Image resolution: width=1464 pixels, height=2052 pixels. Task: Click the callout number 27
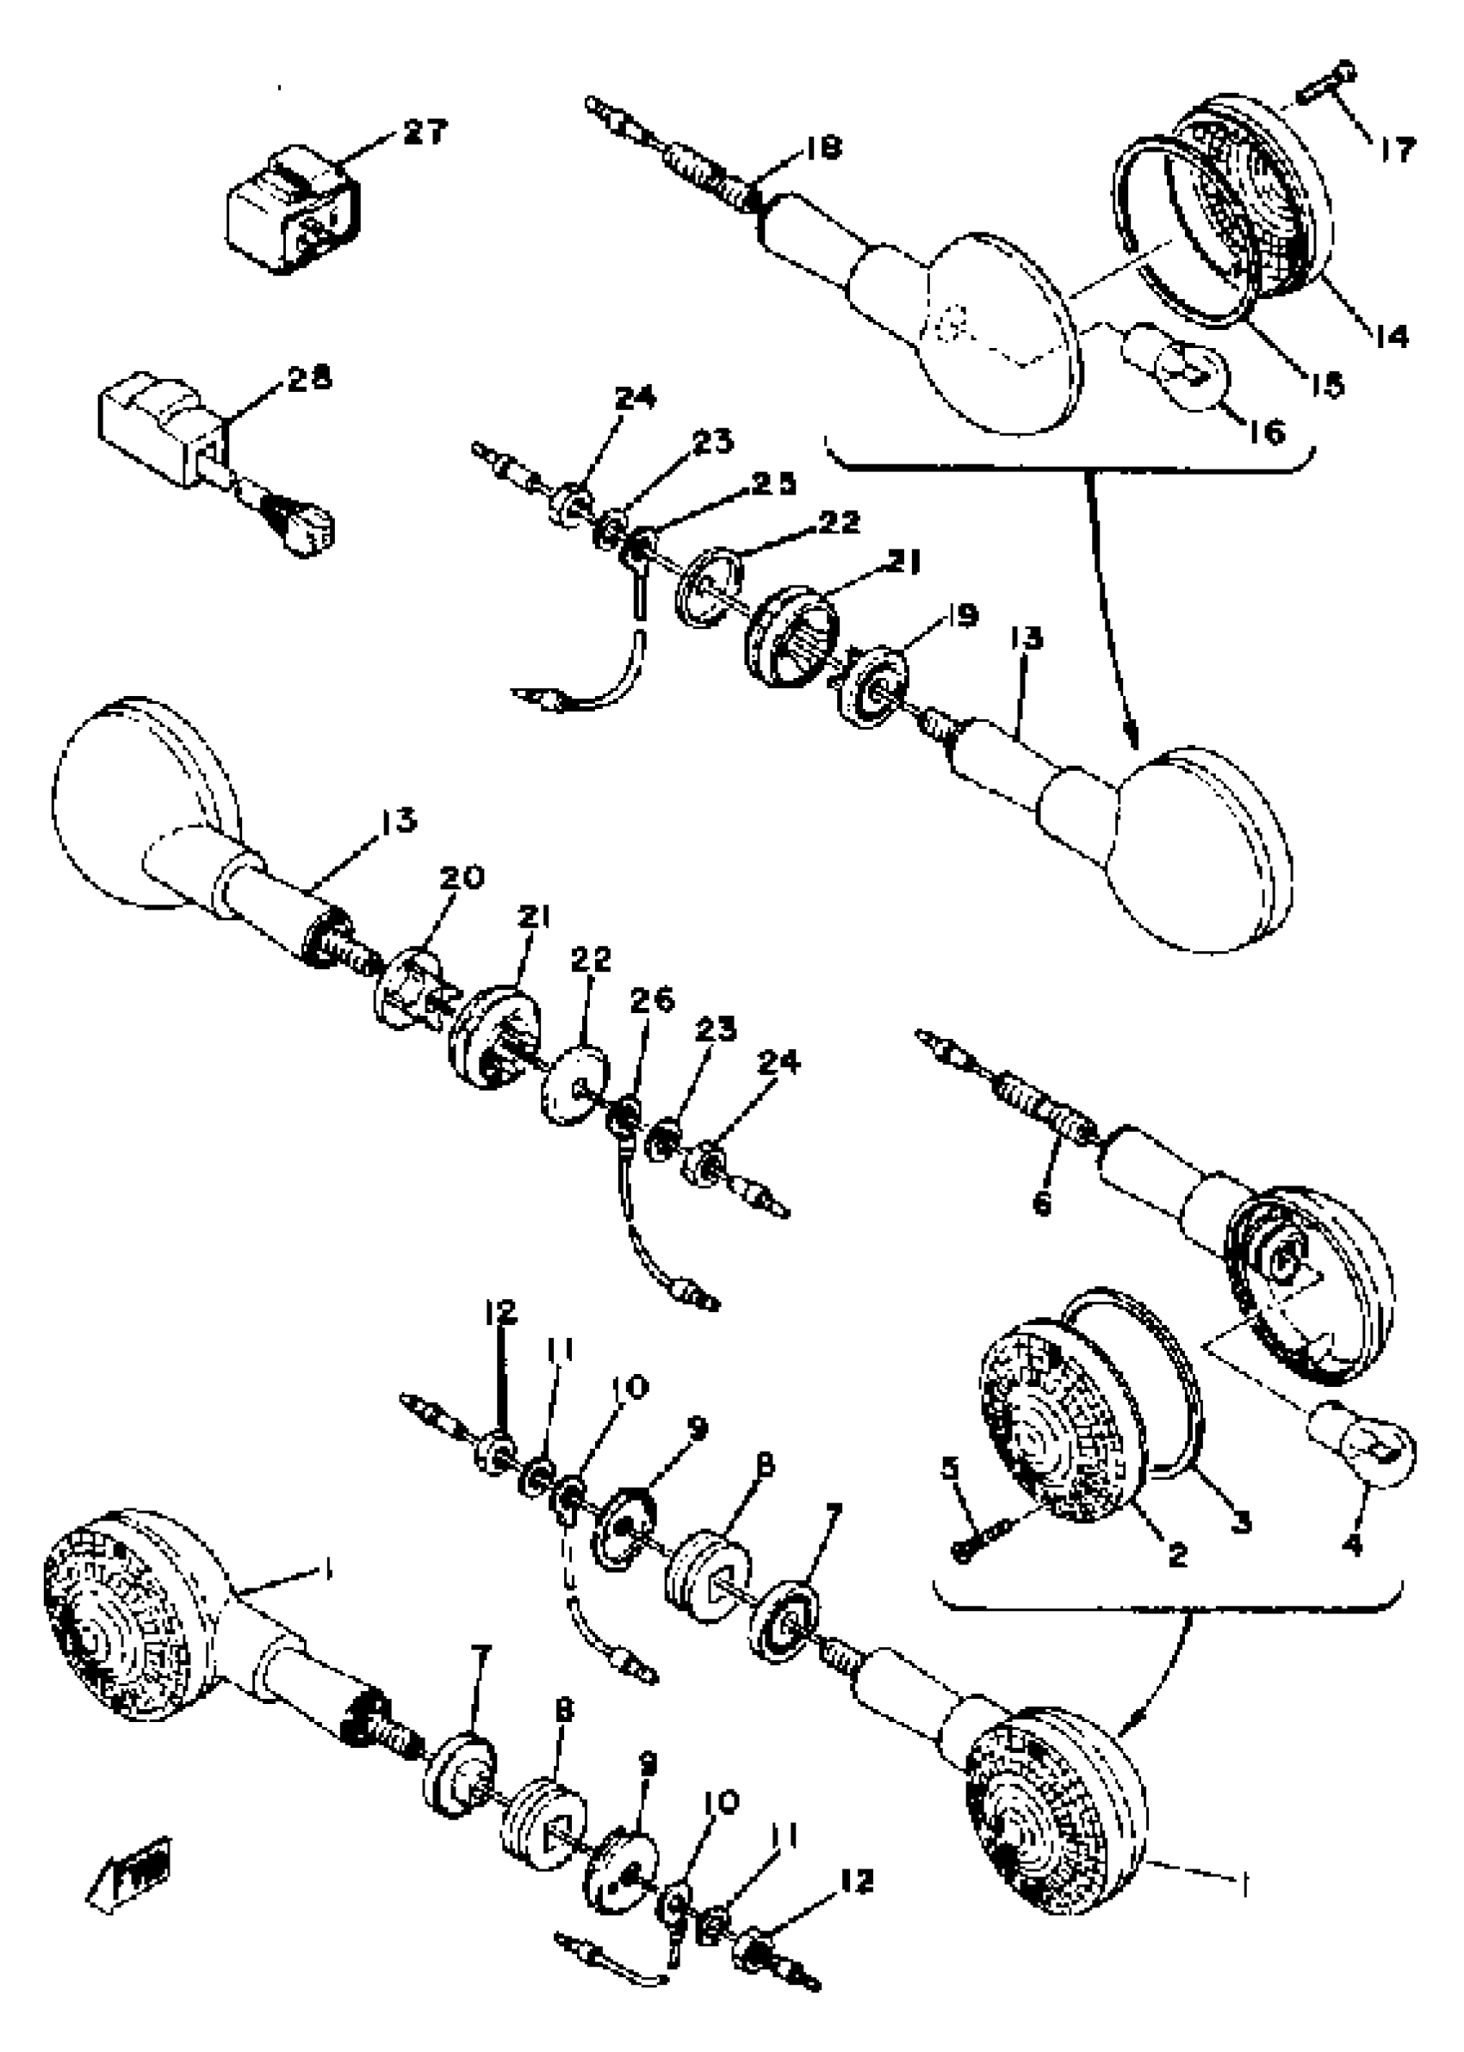(423, 133)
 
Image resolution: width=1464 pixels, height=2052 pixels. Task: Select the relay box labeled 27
(290, 213)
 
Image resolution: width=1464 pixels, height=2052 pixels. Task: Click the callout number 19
(961, 617)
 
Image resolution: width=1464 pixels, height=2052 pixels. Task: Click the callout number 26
(658, 1001)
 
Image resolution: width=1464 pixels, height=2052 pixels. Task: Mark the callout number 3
(1241, 1522)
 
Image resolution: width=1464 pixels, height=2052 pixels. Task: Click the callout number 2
(1177, 1553)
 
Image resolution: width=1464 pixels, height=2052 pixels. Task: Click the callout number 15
(1326, 385)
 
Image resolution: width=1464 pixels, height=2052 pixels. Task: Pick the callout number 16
(1267, 432)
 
